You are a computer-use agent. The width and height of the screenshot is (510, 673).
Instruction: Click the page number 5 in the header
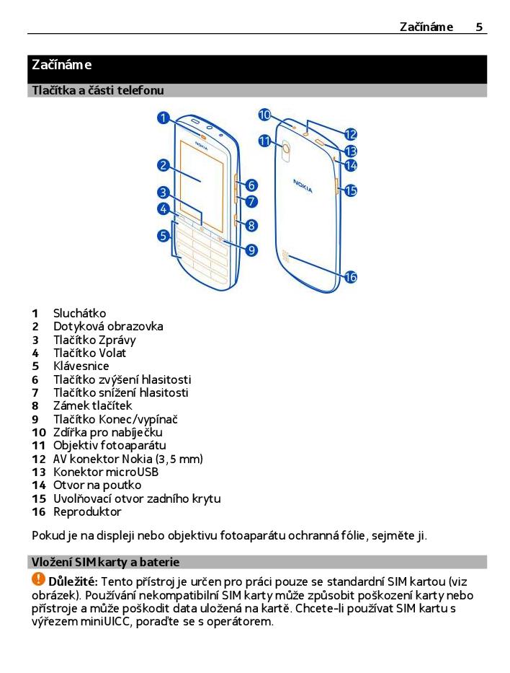(x=479, y=27)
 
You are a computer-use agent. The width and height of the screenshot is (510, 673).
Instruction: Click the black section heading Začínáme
(x=62, y=65)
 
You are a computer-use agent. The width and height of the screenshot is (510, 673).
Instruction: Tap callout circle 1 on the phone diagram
(x=164, y=118)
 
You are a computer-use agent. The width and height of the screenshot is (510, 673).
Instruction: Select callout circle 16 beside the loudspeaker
(x=351, y=277)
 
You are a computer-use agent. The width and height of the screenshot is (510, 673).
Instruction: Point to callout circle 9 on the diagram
(x=251, y=250)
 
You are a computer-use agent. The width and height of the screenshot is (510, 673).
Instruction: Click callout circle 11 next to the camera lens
(x=264, y=141)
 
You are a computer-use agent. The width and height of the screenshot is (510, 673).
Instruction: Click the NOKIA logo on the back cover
(x=303, y=185)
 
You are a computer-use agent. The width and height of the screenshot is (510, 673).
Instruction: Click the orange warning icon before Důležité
(x=38, y=579)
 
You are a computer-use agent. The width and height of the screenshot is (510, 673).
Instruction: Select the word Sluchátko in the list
(x=79, y=313)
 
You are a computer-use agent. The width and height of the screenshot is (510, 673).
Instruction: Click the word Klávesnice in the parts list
(x=81, y=366)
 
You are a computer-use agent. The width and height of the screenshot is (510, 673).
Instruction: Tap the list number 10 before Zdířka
(x=38, y=432)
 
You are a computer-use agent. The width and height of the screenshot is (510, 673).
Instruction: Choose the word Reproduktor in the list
(x=87, y=511)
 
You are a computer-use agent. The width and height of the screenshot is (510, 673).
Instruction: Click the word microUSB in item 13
(x=133, y=472)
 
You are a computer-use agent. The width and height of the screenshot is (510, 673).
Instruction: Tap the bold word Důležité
(x=73, y=581)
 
